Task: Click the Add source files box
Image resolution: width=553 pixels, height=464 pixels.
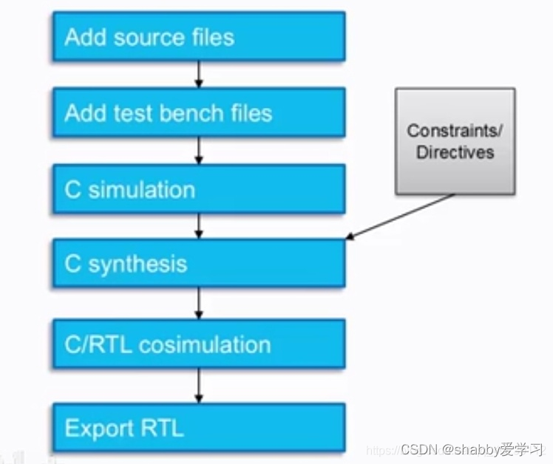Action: [198, 37]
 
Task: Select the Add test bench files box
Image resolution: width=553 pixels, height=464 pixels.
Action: [198, 113]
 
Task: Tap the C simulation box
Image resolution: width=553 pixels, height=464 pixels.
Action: [198, 189]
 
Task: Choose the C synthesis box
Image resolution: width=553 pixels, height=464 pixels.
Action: [198, 265]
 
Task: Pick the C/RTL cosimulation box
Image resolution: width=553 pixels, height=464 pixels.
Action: [198, 344]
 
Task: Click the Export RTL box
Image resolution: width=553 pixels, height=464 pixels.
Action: [198, 428]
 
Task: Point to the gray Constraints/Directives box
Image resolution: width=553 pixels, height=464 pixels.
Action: [455, 141]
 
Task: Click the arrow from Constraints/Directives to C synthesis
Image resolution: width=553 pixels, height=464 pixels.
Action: [400, 216]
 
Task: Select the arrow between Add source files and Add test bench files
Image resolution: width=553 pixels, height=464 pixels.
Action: [199, 75]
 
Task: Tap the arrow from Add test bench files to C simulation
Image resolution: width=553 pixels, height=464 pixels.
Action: [199, 151]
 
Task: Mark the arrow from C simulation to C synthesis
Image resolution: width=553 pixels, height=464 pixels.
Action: [199, 226]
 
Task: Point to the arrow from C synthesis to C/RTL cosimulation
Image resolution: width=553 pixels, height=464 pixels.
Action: [199, 303]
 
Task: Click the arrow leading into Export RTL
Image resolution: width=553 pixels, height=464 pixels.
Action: [199, 385]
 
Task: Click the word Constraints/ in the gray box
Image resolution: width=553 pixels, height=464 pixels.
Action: [455, 132]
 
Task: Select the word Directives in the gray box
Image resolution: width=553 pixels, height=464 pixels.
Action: [455, 152]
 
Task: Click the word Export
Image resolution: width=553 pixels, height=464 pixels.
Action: [93, 428]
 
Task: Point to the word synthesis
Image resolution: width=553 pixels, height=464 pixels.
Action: [138, 265]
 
